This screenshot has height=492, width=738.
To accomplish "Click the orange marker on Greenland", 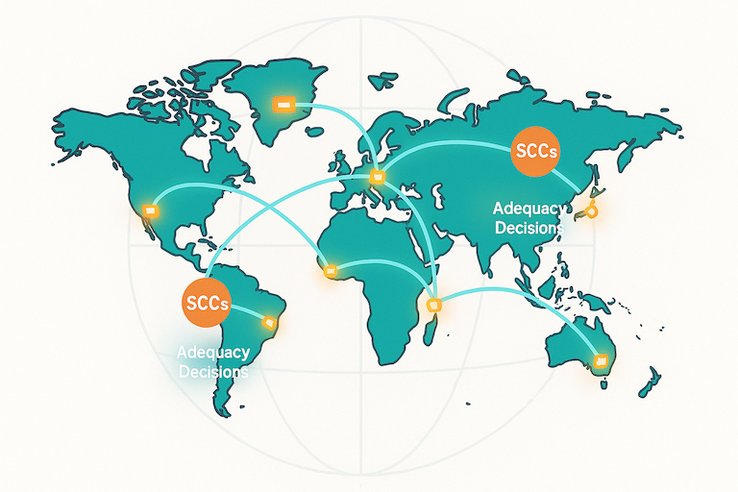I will coord(283,102).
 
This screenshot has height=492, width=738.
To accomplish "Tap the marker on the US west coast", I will coord(148,209).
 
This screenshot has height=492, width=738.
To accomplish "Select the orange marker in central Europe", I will coord(377,176).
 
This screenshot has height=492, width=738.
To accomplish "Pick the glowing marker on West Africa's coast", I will coord(331,271).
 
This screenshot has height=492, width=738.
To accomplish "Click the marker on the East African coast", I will coord(433,305).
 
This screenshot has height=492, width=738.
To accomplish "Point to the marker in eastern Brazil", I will coord(270,320).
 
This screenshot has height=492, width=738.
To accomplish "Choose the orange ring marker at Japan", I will coord(592,211).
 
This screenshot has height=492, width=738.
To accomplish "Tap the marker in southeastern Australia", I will coord(602,361).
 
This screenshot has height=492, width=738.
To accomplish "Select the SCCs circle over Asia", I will coord(537,152).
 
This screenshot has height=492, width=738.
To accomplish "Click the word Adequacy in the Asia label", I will coord(526,208).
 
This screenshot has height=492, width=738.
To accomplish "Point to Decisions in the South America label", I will coord(213,371).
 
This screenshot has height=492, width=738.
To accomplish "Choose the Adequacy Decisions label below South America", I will coord(213,362).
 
